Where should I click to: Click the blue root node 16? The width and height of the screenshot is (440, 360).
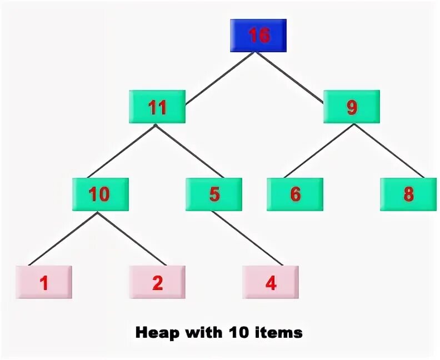click(x=258, y=36)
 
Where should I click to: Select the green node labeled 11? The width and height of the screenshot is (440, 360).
click(x=157, y=107)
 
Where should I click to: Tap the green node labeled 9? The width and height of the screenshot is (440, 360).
click(x=352, y=107)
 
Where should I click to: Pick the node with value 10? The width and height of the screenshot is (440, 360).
click(x=100, y=194)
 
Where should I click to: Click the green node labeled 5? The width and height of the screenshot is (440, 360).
click(x=214, y=194)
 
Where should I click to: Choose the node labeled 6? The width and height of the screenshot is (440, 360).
click(x=295, y=194)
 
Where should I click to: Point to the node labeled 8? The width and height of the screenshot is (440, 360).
click(x=408, y=194)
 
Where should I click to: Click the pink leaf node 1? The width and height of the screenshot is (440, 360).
click(x=44, y=283)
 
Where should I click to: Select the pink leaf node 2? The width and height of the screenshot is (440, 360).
click(x=157, y=283)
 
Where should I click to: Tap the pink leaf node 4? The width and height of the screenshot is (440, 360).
click(x=271, y=283)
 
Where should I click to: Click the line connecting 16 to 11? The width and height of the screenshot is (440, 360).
click(x=221, y=78)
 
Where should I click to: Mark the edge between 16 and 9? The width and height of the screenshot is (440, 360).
click(x=290, y=78)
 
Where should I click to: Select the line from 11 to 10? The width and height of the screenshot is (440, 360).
click(x=121, y=151)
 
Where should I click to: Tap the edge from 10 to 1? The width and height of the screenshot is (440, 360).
click(x=64, y=237)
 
